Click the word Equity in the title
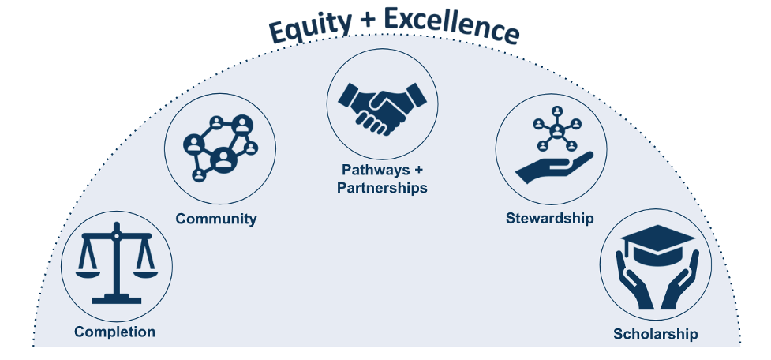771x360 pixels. pyautogui.click(x=310, y=29)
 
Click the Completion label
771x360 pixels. pyautogui.click(x=114, y=332)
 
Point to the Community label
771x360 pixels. pyautogui.click(x=216, y=219)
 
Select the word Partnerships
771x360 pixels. pyautogui.click(x=382, y=188)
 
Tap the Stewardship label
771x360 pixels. pyautogui.click(x=550, y=218)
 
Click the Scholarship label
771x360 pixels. pyautogui.click(x=656, y=335)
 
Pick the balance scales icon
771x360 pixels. pyautogui.click(x=117, y=264)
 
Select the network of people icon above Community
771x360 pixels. pyautogui.click(x=220, y=148)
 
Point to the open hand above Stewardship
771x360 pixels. pyautogui.click(x=555, y=168)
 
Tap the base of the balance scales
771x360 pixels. pyautogui.click(x=117, y=299)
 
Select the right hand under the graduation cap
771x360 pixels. pyautogui.click(x=680, y=279)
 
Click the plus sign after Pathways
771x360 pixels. pyautogui.click(x=418, y=171)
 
